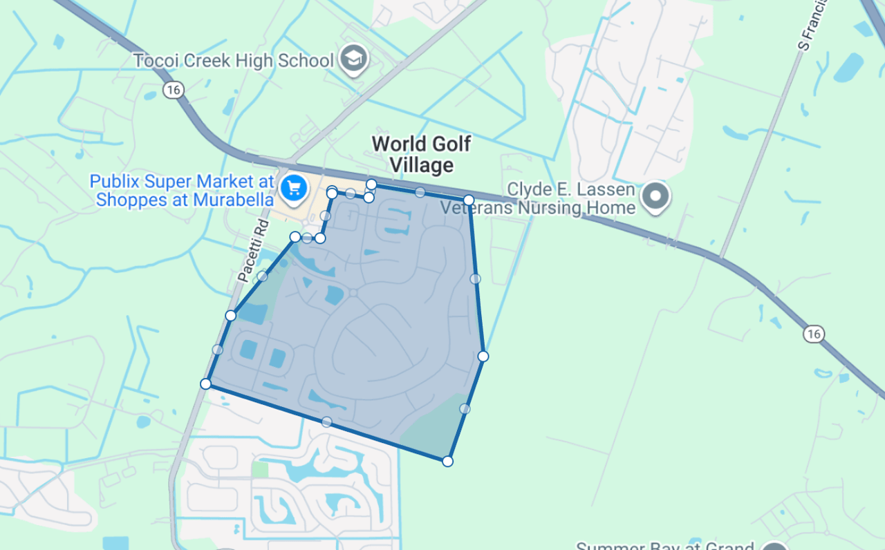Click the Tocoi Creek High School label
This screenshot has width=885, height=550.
click(x=233, y=61)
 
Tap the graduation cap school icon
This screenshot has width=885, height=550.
click(x=355, y=60)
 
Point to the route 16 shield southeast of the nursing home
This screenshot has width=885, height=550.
click(x=813, y=334)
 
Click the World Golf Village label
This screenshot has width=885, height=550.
click(x=421, y=154)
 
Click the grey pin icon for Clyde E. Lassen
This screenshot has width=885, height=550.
click(x=655, y=196)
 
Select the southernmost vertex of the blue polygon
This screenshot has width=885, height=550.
click(x=448, y=461)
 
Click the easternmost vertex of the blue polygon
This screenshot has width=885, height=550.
click(x=483, y=357)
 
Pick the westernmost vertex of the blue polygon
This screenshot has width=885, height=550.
click(x=205, y=383)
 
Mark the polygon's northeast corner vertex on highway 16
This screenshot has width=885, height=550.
click(x=469, y=200)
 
